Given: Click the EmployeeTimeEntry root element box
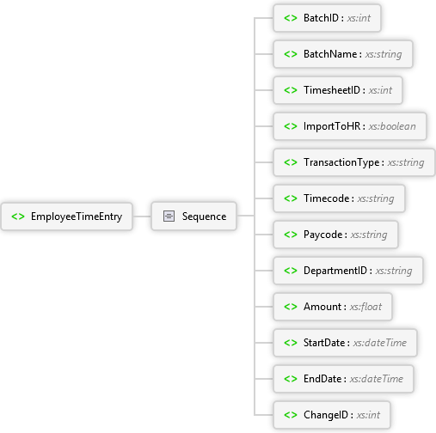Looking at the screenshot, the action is tap(67, 216).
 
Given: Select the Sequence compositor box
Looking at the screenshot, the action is tap(194, 216).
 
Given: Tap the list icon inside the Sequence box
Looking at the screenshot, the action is tap(169, 216).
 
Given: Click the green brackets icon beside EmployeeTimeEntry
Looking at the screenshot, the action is tap(18, 216).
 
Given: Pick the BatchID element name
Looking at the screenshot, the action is tap(321, 18).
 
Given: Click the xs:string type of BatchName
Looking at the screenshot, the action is tap(384, 54).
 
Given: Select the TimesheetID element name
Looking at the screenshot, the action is tap(332, 90).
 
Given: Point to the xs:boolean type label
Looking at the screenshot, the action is tap(392, 126).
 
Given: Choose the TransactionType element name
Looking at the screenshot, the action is tap(341, 162).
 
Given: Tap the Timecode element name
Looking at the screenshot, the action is tap(326, 198).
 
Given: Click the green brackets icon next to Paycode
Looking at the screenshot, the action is tap(291, 235).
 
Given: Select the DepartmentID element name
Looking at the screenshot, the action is tap(335, 271).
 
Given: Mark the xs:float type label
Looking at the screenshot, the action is tap(365, 307).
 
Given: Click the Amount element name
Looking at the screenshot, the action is tap(322, 307).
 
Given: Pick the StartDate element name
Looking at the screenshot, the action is tap(324, 343).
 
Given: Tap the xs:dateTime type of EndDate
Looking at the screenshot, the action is tap(377, 379).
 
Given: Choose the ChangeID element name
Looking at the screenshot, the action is tap(326, 415).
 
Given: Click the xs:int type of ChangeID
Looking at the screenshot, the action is tap(368, 415).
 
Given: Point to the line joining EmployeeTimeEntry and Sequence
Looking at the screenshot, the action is tap(142, 216).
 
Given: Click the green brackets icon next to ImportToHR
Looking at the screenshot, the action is tap(291, 126).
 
